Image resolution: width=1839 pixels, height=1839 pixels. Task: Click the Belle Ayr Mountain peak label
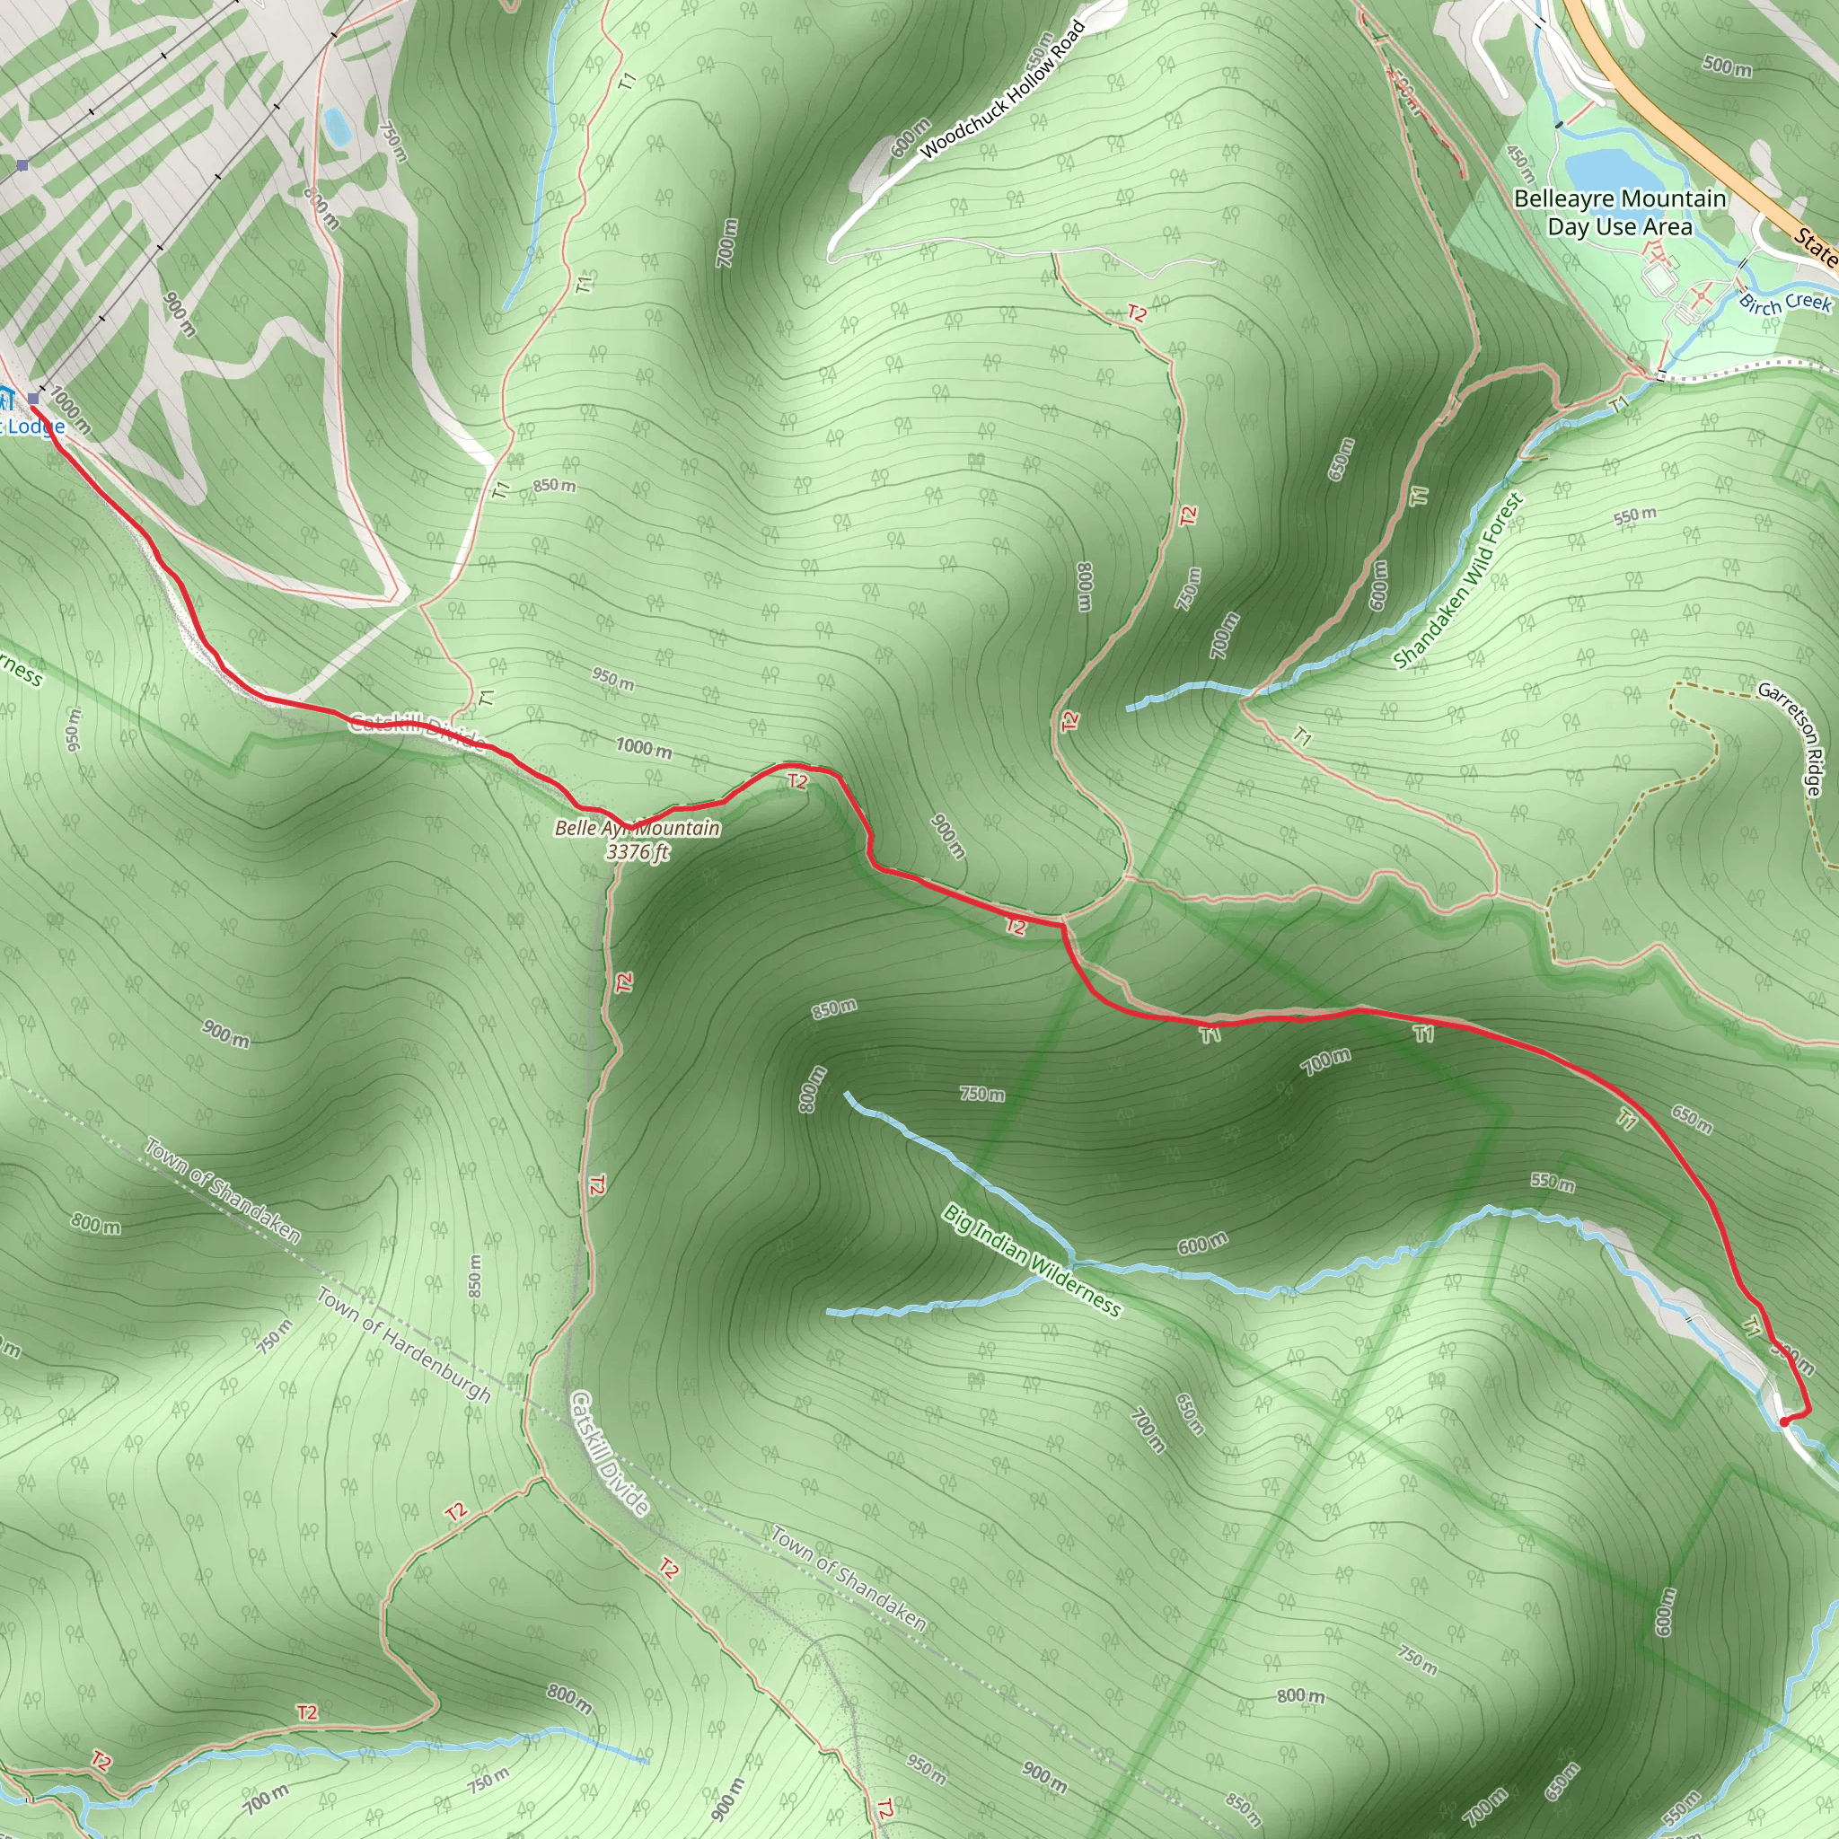click(637, 828)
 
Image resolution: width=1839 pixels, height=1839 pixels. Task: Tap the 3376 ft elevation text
click(637, 852)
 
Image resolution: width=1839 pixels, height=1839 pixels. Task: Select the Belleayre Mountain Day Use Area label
click(1619, 212)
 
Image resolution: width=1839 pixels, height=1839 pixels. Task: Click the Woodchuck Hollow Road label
click(1002, 92)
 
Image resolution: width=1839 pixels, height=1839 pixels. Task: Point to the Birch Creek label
click(1785, 303)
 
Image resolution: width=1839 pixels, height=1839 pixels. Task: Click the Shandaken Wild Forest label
click(1457, 580)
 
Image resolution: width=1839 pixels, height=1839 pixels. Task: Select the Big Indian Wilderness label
click(1032, 1259)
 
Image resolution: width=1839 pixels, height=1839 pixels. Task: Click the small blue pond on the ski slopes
click(335, 126)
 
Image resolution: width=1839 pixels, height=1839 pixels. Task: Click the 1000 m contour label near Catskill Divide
click(644, 747)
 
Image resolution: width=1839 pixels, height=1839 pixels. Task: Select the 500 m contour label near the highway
click(1727, 66)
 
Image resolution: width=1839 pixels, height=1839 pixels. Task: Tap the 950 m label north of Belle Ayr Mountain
click(612, 679)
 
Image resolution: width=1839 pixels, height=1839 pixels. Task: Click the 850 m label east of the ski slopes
click(554, 486)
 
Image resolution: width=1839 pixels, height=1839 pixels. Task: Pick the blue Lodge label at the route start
click(36, 426)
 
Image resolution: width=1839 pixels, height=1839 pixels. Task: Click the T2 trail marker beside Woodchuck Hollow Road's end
click(1137, 313)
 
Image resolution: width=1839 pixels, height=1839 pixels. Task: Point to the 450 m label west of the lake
click(1520, 163)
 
